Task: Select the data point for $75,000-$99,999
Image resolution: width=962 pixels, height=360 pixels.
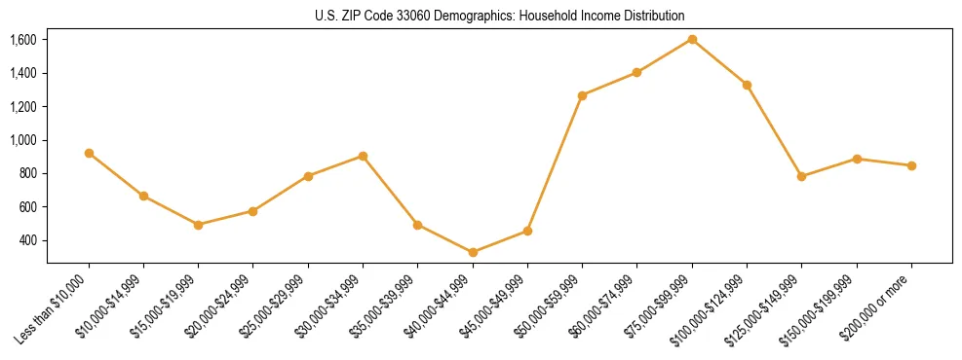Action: pos(692,39)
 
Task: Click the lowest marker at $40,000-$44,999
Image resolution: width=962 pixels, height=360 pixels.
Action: pos(473,252)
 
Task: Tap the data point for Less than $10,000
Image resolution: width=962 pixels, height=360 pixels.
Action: pos(89,153)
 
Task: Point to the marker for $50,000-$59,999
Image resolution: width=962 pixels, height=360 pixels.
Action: pos(582,95)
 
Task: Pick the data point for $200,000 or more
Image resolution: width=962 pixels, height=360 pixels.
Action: pos(911,165)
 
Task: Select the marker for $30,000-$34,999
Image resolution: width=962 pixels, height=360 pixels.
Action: pos(363,156)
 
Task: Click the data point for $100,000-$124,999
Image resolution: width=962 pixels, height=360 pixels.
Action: pos(747,85)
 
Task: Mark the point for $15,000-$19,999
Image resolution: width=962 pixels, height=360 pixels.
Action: pos(199,225)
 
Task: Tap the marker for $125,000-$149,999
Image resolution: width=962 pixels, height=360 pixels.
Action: pos(801,176)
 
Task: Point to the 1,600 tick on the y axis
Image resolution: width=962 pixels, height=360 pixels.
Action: pos(23,40)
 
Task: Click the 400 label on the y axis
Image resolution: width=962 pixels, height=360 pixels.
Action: pos(27,240)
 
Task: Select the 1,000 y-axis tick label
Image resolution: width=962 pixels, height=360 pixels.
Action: pos(23,140)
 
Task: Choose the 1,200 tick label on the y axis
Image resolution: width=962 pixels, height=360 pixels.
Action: pos(23,107)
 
